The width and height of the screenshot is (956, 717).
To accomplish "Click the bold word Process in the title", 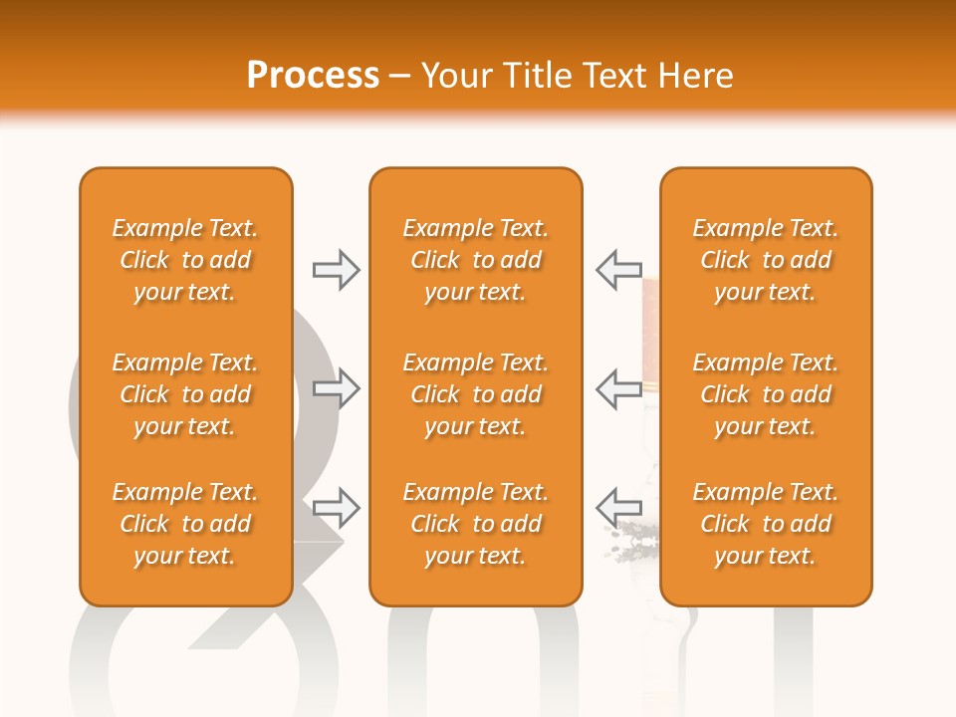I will tap(313, 76).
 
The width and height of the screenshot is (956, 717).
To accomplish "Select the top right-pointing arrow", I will tap(337, 270).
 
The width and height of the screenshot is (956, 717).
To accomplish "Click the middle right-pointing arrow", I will tap(337, 388).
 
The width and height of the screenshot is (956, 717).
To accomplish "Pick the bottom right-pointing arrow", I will tap(337, 508).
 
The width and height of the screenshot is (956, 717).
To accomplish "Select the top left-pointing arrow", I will tap(618, 270).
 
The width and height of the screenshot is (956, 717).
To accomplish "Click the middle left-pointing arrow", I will tap(618, 388).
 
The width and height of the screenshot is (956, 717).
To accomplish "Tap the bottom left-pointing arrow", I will tap(618, 508).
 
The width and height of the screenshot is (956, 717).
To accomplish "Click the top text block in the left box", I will tap(185, 260).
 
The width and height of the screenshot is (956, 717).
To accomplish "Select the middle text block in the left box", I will tap(185, 394).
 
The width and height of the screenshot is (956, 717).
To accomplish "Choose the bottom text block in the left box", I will tap(185, 524).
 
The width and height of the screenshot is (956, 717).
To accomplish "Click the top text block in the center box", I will tap(476, 260).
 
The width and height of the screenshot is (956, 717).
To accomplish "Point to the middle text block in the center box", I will tap(476, 394).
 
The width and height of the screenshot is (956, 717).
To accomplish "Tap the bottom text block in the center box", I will tap(476, 524).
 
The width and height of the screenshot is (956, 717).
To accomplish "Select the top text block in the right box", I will tap(766, 260).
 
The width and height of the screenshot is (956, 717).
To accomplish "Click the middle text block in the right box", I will tap(766, 394).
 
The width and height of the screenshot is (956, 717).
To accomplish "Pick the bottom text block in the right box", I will tap(766, 524).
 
